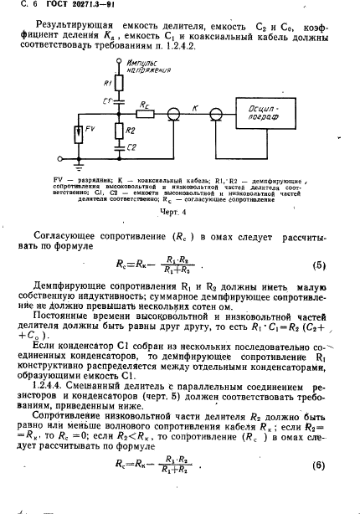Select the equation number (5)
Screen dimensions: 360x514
click(x=318, y=265)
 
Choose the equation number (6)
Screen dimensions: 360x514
click(x=318, y=465)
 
